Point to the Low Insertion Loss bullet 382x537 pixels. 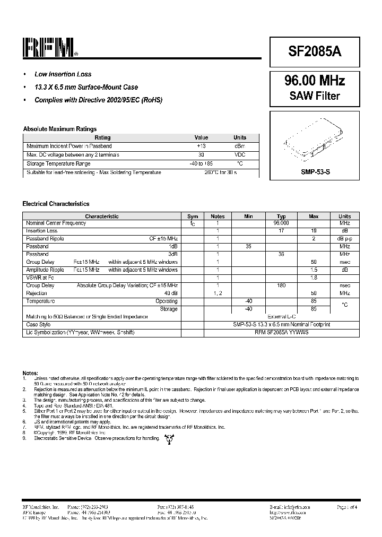(x=63, y=74)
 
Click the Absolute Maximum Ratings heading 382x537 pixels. (x=59, y=129)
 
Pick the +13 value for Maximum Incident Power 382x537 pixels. (x=201, y=146)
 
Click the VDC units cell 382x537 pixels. (x=240, y=154)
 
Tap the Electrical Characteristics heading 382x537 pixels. (x=56, y=204)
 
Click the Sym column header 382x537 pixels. (x=193, y=216)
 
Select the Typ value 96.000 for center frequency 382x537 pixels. (x=281, y=223)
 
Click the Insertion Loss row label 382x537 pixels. (x=42, y=231)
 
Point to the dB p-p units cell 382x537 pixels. (x=344, y=239)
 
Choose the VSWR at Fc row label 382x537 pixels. (x=40, y=278)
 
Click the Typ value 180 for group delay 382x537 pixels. (x=281, y=285)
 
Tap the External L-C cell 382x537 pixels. (x=281, y=316)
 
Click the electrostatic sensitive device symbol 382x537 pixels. (x=169, y=438)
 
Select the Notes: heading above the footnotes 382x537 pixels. (x=30, y=373)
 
